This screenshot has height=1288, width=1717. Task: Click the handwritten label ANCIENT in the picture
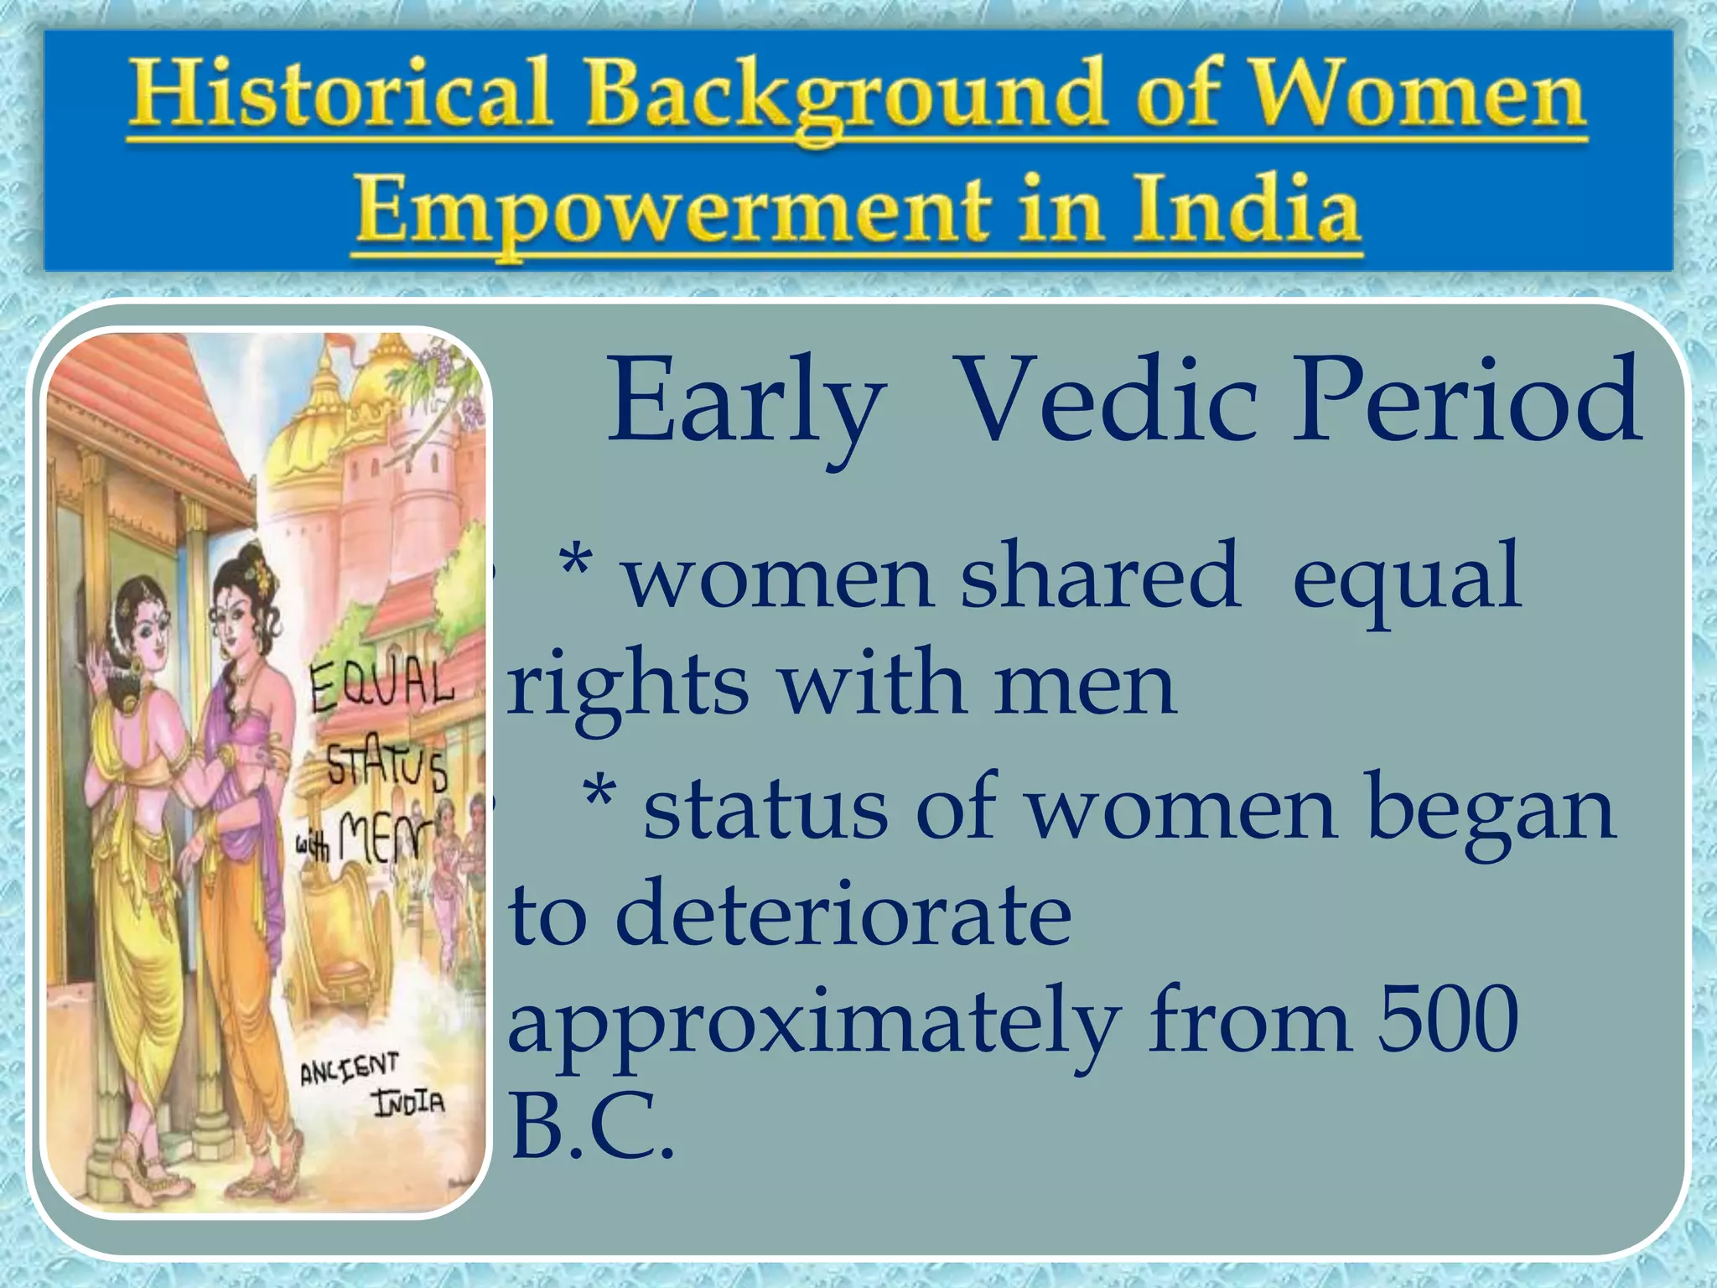(350, 1070)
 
